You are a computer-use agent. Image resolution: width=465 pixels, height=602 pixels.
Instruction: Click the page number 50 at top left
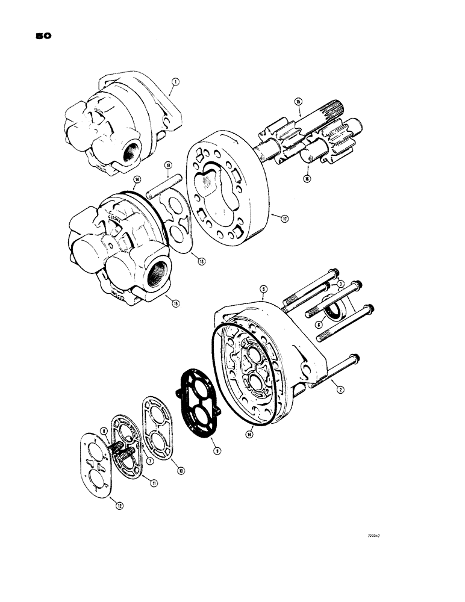pos(43,36)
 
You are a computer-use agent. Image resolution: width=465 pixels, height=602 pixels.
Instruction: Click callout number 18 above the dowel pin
pos(169,165)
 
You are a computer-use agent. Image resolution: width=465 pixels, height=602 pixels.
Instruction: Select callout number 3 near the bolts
pos(340,284)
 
